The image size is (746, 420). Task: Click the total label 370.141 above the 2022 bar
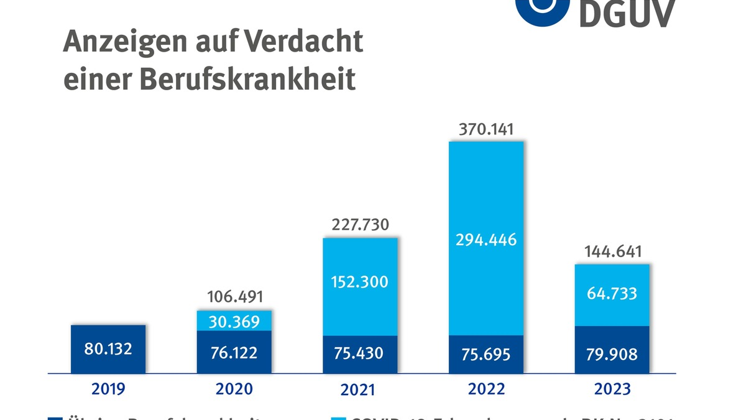coord(487,130)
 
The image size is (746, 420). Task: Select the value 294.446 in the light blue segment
coord(487,240)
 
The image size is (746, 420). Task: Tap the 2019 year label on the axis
coord(108,390)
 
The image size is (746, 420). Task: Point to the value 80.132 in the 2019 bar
coord(108,348)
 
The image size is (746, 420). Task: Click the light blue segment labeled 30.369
coord(234,320)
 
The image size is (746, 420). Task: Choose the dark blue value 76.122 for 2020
coord(234,352)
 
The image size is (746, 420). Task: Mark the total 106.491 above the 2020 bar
coord(234,297)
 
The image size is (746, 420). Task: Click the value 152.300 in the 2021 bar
coord(361,282)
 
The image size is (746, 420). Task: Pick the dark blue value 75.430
coord(361,353)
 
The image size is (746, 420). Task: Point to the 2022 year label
coord(487,390)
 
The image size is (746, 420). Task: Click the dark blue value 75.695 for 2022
coord(487,354)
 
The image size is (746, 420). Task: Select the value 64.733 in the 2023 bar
coord(612,292)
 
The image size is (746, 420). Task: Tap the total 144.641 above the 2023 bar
coord(612,252)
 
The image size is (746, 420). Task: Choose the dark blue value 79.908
coord(612,354)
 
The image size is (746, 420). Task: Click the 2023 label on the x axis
coord(612,390)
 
